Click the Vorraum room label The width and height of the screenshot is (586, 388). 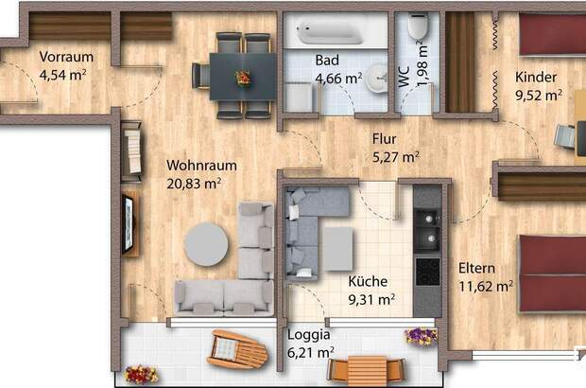pos(66,57)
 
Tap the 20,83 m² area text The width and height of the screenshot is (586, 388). pos(194,184)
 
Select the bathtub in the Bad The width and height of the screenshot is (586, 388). pos(330,32)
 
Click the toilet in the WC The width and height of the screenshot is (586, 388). pos(418,26)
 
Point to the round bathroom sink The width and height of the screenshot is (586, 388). pos(376,79)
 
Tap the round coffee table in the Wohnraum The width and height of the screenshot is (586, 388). pos(206,245)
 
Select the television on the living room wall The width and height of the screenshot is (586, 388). pos(128,224)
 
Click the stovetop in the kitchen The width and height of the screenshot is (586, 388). pos(428,272)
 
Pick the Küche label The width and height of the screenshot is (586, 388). pos(368,281)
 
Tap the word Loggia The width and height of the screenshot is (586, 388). pos(309,335)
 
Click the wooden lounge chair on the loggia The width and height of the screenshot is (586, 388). pos(237,349)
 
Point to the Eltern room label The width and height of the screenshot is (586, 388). pos(476,268)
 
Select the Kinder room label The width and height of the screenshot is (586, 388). pos(536,77)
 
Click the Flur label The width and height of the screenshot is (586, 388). pos(384,139)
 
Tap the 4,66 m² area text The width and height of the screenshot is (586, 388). pos(338,79)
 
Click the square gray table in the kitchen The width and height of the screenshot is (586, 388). pos(338,249)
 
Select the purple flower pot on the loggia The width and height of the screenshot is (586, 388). pos(421,335)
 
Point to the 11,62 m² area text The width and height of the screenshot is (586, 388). pos(486,287)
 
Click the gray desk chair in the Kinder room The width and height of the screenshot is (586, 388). pos(564,136)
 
